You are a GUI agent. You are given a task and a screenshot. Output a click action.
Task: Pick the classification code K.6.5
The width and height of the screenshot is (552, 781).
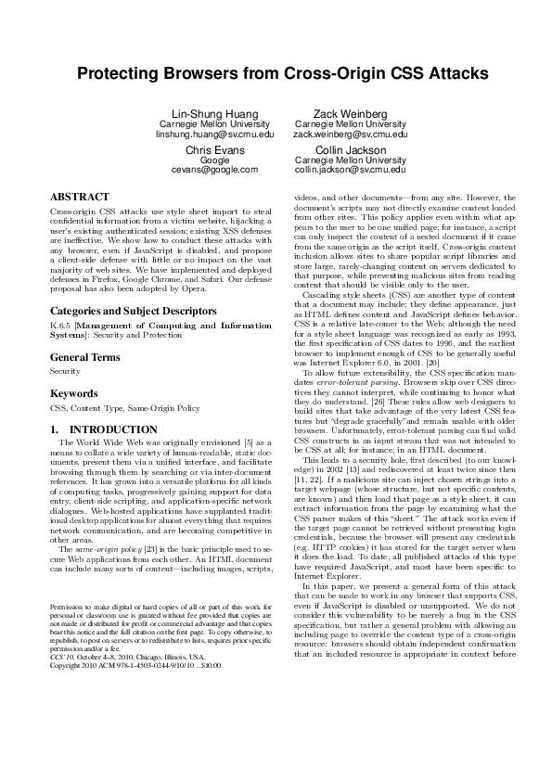tap(61, 301)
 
